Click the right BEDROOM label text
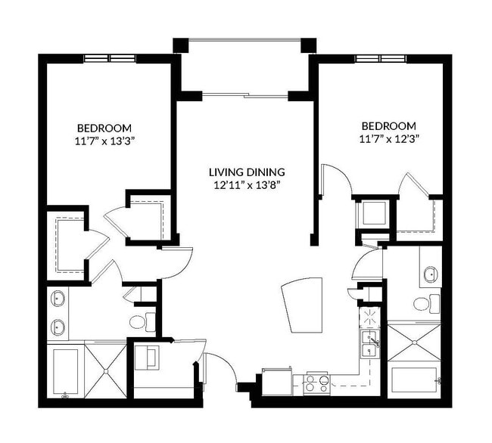(x=388, y=125)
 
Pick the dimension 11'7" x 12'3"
(x=388, y=138)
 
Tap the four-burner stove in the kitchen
(x=316, y=383)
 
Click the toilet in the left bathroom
(x=139, y=322)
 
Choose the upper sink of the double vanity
(x=58, y=299)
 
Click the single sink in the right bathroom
(x=429, y=274)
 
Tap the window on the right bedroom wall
(x=379, y=58)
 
